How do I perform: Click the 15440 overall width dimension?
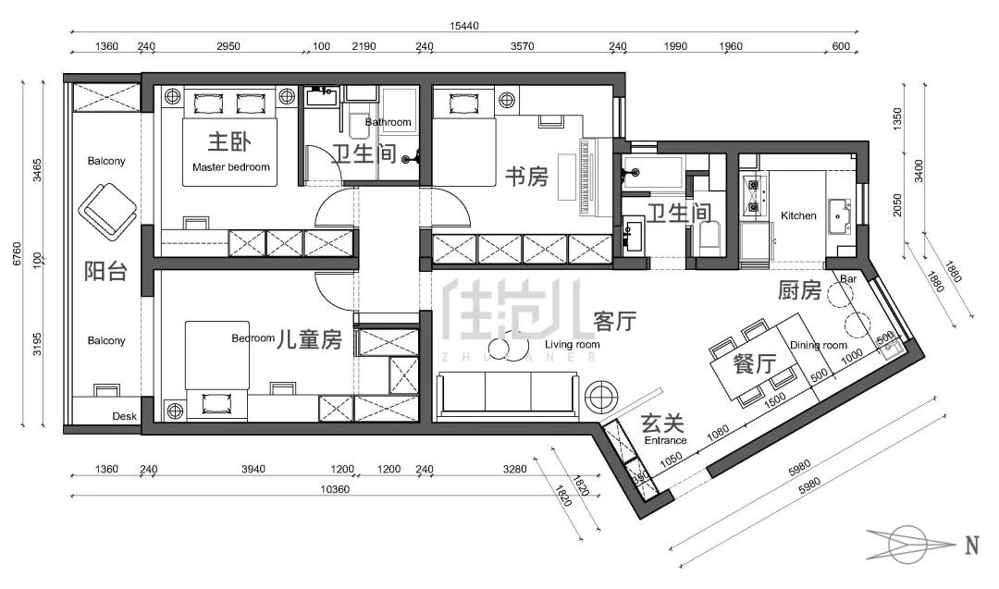pos(463,26)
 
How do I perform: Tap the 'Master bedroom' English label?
pos(230,167)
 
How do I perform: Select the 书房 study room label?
pos(527,177)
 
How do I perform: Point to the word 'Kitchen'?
pos(798,215)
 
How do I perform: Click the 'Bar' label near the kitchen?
pos(848,279)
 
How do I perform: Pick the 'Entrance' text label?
pos(666,440)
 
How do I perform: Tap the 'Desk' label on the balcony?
pos(124,416)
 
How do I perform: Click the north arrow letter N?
pos(971,546)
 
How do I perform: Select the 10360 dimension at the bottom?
pos(335,489)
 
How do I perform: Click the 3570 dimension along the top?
pos(523,46)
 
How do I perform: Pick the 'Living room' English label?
pos(573,345)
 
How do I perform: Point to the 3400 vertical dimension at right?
pos(919,171)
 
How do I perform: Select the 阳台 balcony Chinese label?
pos(105,272)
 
